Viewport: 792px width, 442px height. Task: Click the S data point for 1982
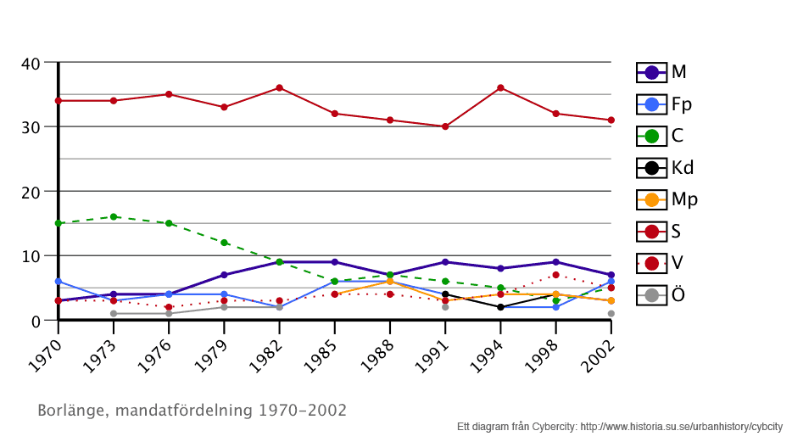tap(279, 87)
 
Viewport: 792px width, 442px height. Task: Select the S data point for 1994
tap(500, 87)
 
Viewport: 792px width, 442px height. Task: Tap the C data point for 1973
tap(114, 216)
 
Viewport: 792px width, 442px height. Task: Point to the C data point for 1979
tap(224, 243)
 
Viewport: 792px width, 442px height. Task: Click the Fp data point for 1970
tap(58, 281)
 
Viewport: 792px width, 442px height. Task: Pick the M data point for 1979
tap(224, 275)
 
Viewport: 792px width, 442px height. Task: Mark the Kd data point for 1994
tap(500, 307)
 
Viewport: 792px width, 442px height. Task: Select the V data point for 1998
tap(555, 275)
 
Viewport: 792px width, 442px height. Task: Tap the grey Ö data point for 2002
tap(611, 314)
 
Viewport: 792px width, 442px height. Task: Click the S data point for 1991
tap(445, 126)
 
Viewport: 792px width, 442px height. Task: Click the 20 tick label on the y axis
tap(31, 192)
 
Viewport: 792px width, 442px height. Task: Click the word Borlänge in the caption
tap(71, 411)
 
